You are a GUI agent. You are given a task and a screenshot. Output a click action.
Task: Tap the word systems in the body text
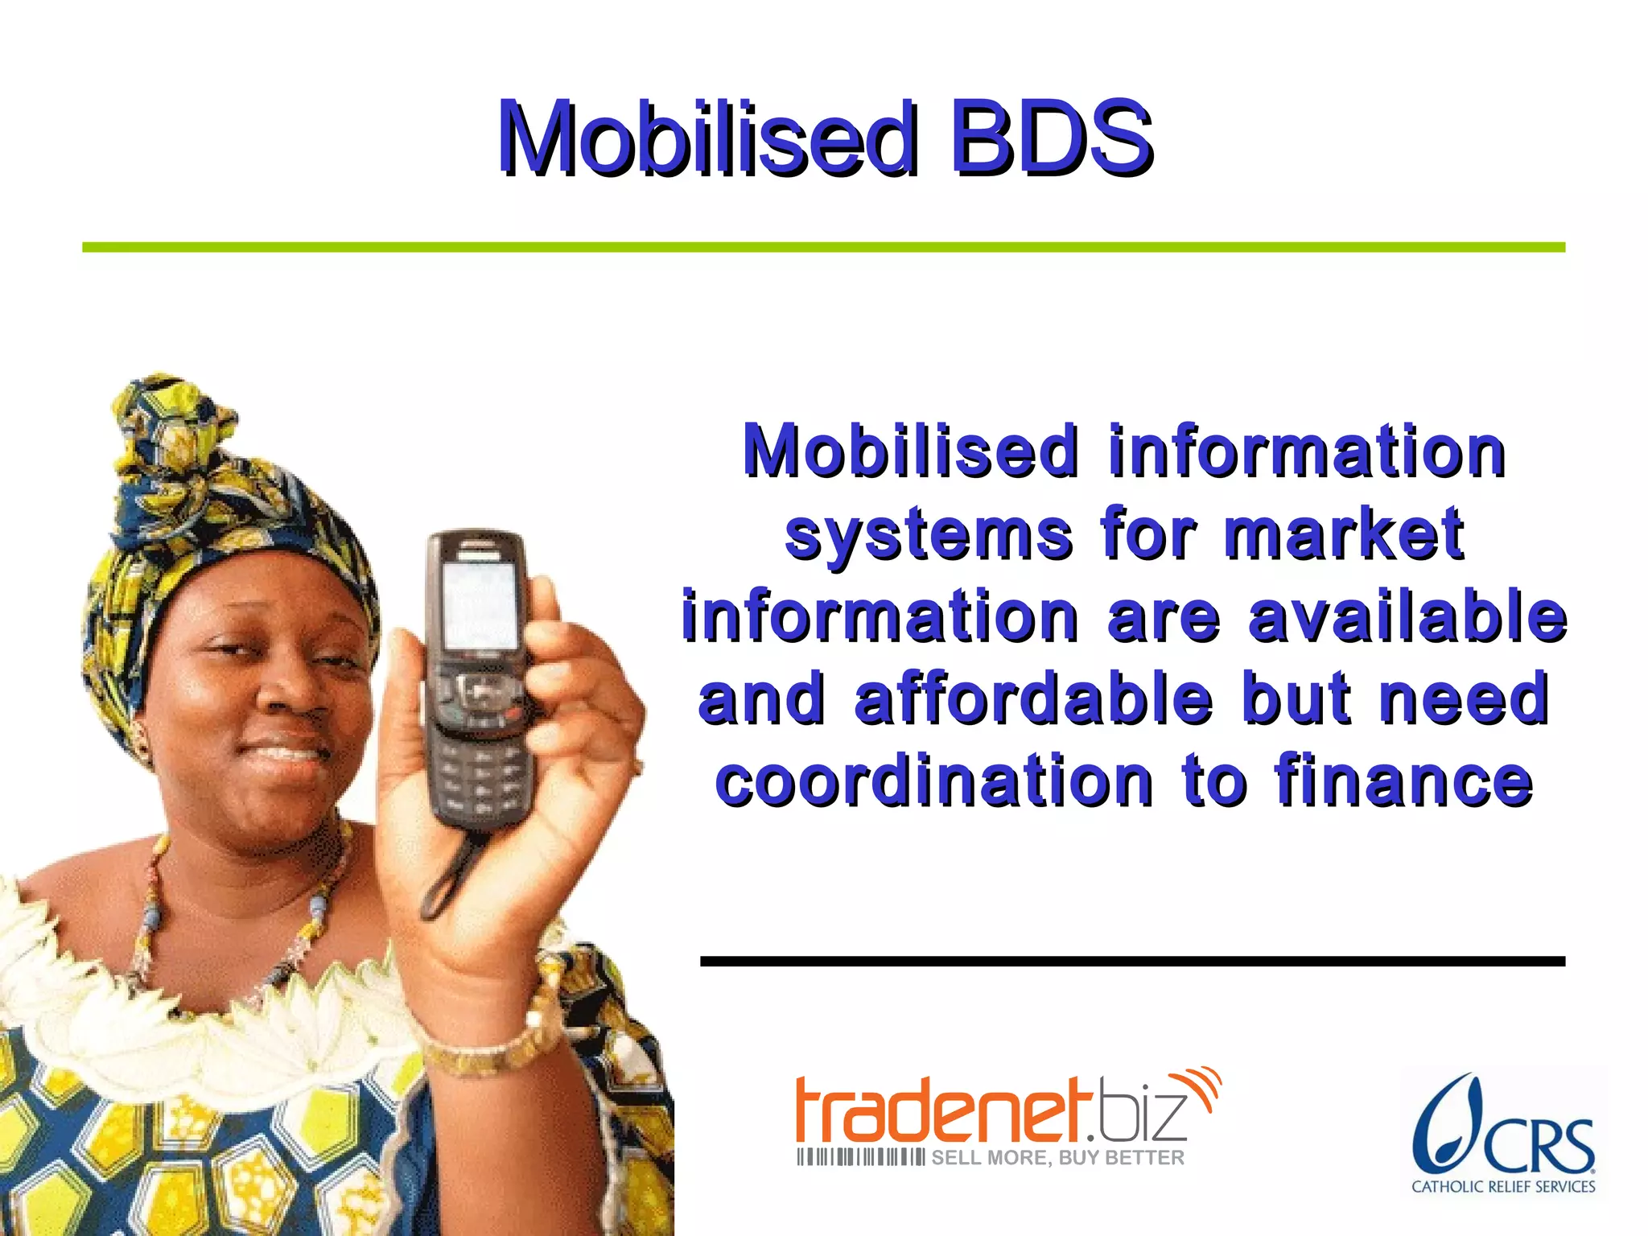click(x=929, y=534)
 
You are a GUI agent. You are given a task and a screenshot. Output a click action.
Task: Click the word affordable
click(x=1033, y=698)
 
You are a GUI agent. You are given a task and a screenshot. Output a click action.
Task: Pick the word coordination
click(x=933, y=781)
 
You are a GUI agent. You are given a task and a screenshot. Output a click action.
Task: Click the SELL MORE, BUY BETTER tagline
click(x=1057, y=1158)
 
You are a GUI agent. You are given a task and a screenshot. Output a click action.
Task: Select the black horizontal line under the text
click(x=1131, y=961)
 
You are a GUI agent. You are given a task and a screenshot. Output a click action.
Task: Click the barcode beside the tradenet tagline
click(x=859, y=1158)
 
